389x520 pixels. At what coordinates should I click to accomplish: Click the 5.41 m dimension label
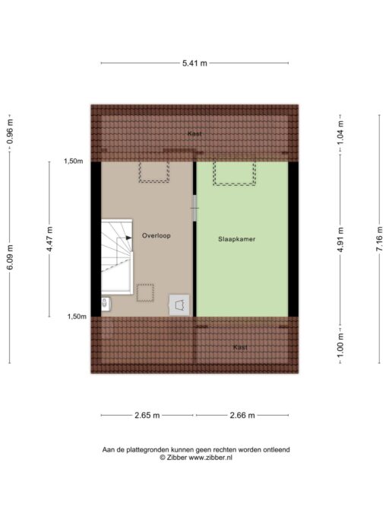pyautogui.click(x=194, y=63)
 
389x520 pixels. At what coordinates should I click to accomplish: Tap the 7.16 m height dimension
pyautogui.click(x=379, y=239)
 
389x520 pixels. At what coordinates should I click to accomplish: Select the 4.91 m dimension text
pyautogui.click(x=340, y=240)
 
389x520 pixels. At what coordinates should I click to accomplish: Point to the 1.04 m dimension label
pyautogui.click(x=340, y=132)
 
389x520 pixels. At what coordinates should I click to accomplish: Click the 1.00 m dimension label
pyautogui.click(x=340, y=346)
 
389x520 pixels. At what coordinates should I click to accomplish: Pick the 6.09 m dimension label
pyautogui.click(x=10, y=257)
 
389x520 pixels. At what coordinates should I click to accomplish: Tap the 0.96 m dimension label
pyautogui.click(x=10, y=132)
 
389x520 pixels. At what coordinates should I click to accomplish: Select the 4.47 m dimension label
pyautogui.click(x=49, y=239)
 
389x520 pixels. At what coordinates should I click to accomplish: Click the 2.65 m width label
pyautogui.click(x=147, y=415)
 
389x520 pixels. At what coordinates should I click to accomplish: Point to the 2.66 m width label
pyautogui.click(x=242, y=415)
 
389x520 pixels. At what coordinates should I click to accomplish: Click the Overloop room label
pyautogui.click(x=157, y=236)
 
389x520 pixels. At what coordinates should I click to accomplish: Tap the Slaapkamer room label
pyautogui.click(x=237, y=239)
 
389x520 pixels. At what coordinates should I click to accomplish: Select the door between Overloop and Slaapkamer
pyautogui.click(x=194, y=209)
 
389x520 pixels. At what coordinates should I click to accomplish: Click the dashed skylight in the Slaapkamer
pyautogui.click(x=235, y=173)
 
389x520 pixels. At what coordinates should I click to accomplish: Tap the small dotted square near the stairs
pyautogui.click(x=145, y=293)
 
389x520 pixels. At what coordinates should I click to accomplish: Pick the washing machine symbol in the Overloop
pyautogui.click(x=179, y=305)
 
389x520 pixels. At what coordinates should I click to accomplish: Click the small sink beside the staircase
pyautogui.click(x=106, y=304)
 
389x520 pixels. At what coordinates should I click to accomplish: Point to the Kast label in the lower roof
pyautogui.click(x=240, y=347)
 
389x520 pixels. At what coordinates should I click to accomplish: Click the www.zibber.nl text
pyautogui.click(x=210, y=458)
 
